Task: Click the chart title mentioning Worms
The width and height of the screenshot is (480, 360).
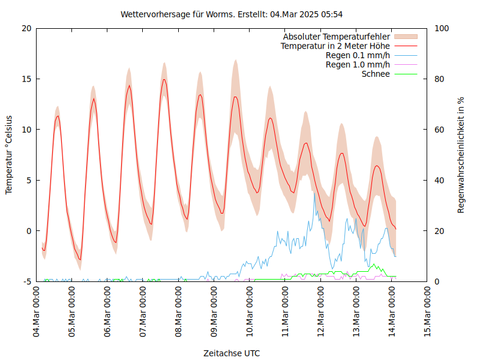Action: coord(232,14)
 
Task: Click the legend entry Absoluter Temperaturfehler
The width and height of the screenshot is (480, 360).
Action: coord(337,37)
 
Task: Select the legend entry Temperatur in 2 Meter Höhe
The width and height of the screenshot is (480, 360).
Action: coord(335,46)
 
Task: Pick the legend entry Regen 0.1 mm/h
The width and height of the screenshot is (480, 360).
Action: coord(358,55)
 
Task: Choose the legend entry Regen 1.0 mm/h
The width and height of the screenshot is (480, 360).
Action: coord(358,64)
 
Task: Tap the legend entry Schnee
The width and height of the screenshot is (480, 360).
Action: coord(376,74)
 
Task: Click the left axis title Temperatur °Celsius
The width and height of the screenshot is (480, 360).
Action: coord(9,155)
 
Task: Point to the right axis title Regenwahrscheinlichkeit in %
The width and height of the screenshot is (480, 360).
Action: coord(461,155)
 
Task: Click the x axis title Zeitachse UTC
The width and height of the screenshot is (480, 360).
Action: coord(232,353)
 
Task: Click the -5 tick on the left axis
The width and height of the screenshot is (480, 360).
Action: coord(26,281)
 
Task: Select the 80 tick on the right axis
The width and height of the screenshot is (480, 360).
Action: coord(440,79)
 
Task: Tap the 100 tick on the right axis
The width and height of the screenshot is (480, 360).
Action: coord(442,28)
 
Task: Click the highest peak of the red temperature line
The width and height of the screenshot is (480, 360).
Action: coord(164,79)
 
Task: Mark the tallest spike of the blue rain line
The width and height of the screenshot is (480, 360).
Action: coord(314,193)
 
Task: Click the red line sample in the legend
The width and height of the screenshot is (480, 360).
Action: coord(405,46)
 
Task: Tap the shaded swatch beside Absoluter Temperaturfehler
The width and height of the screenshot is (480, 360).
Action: coord(405,37)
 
